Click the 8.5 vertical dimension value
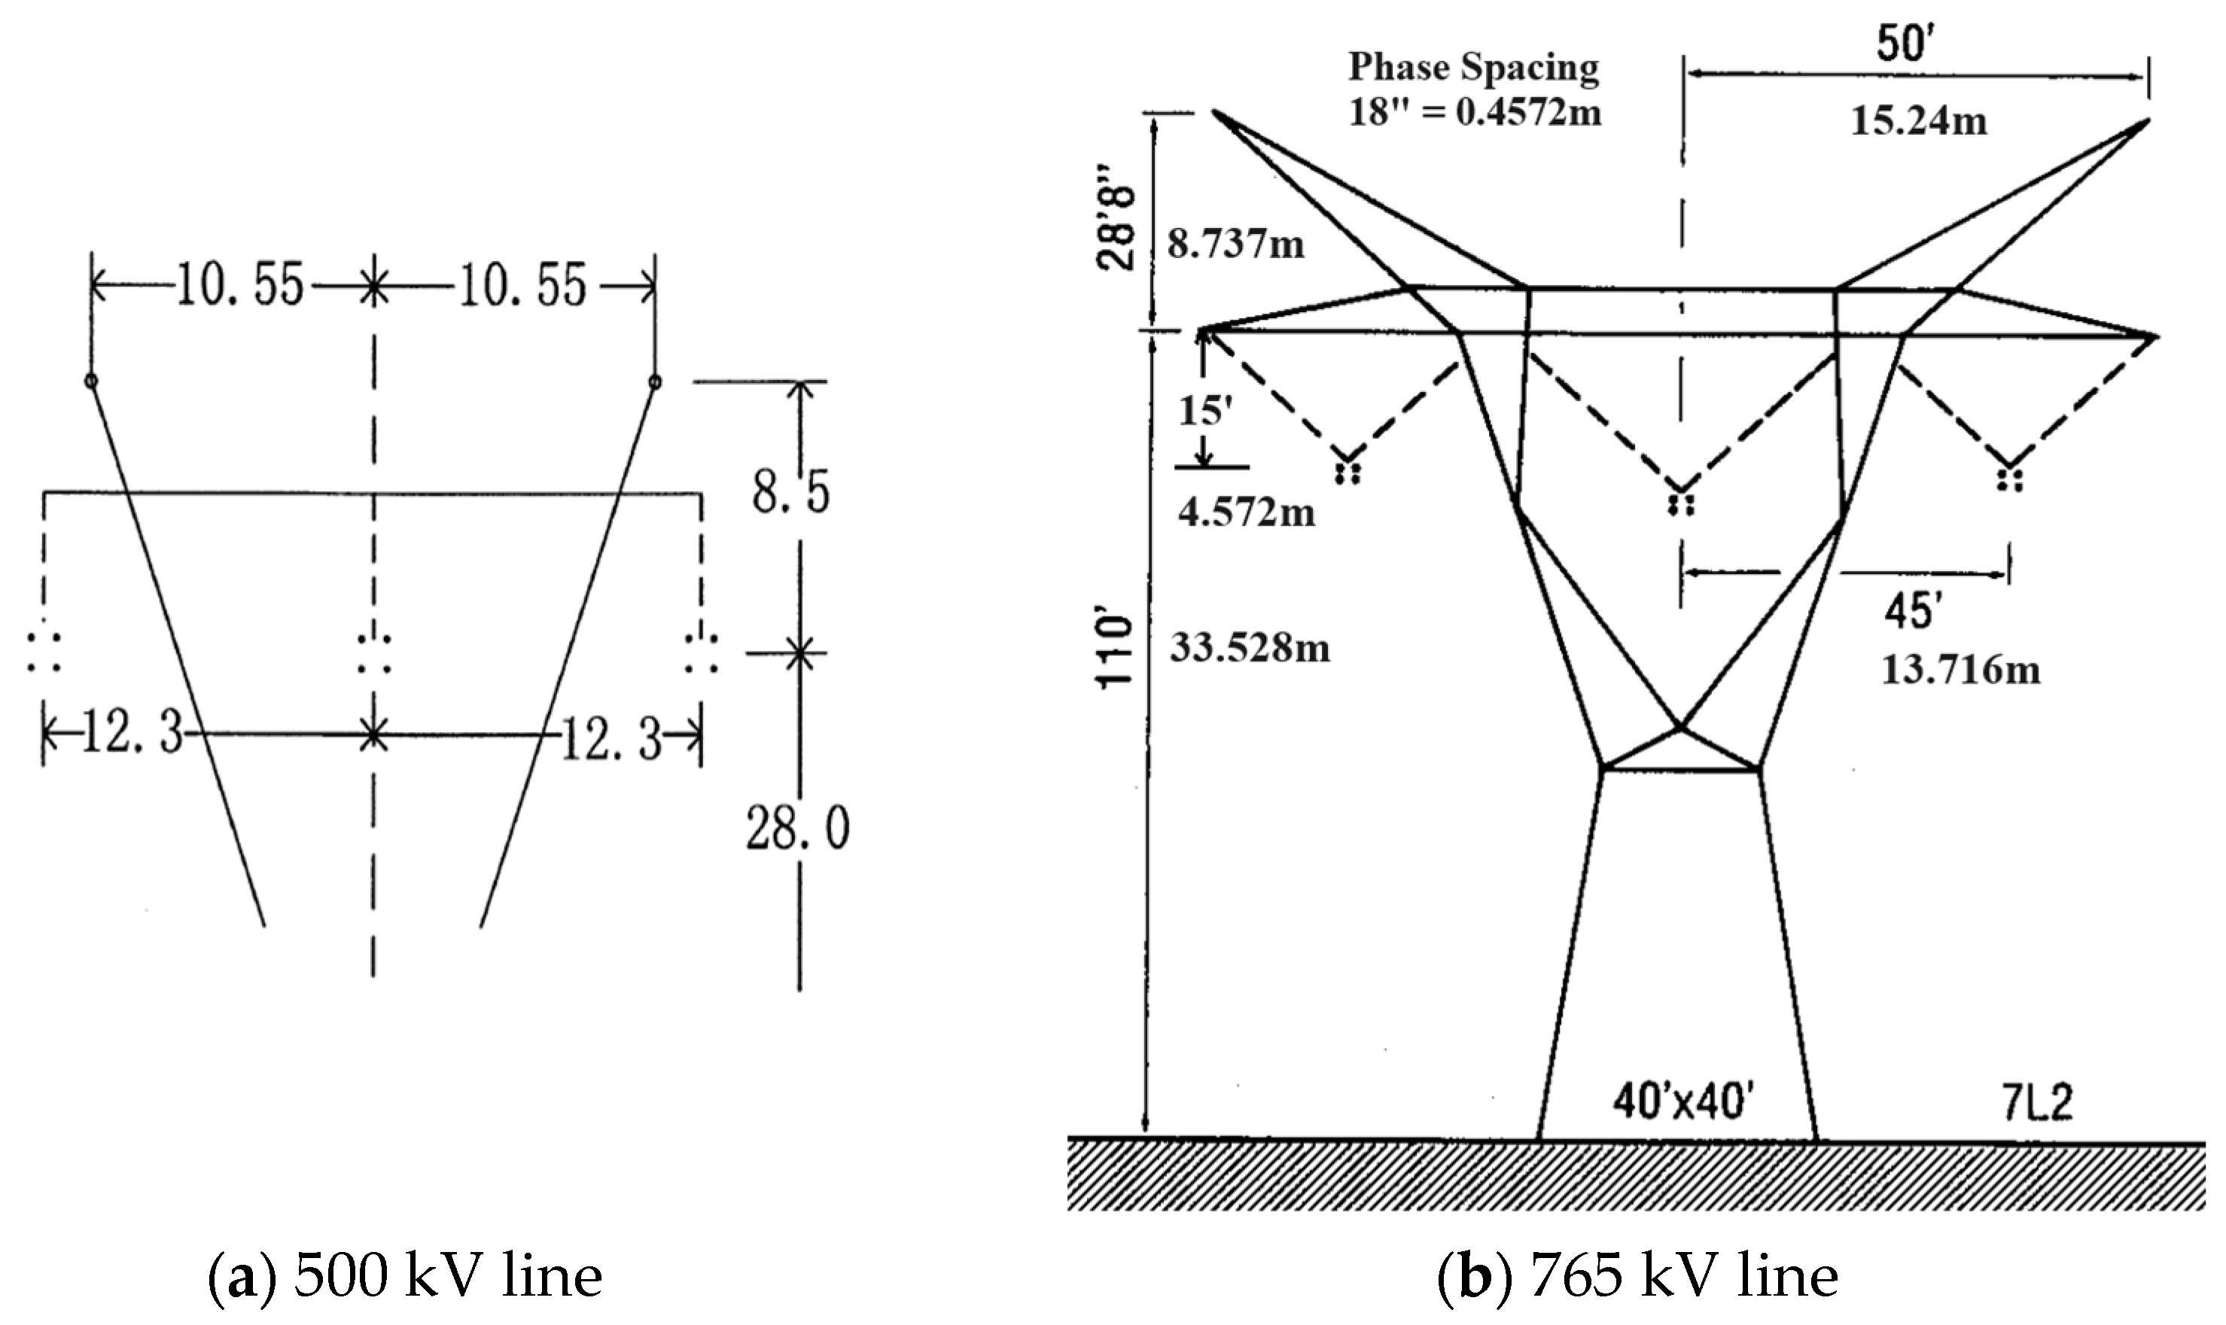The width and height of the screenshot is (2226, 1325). point(790,493)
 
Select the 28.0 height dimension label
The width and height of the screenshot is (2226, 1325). point(798,828)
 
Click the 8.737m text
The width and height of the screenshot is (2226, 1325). point(1235,244)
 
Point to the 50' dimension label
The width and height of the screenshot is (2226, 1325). point(1905,43)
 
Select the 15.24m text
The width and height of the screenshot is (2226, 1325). point(1918,120)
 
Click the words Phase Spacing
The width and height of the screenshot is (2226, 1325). point(1473,68)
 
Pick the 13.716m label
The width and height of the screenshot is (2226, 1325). point(1961,670)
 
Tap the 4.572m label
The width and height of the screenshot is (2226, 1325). point(1245,513)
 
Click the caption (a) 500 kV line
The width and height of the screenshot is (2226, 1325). point(405,1277)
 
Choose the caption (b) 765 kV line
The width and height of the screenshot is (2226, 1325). point(1637,1277)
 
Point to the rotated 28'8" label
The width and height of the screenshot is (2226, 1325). point(1116,229)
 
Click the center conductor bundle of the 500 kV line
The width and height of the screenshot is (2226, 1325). point(373,654)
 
